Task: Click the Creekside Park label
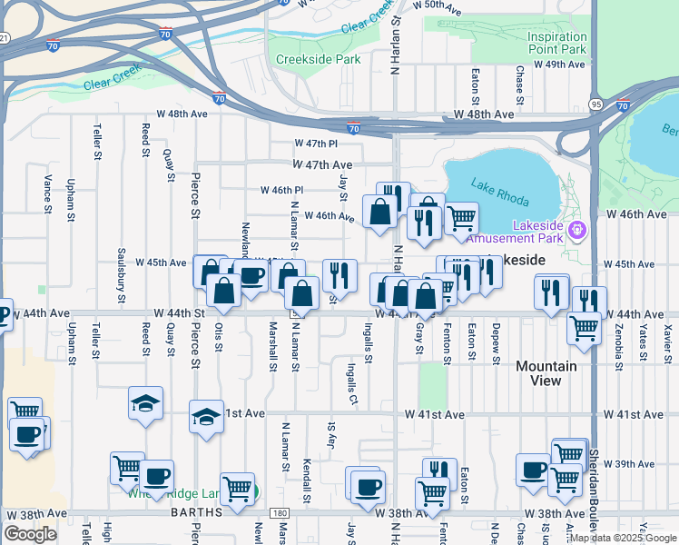(x=318, y=59)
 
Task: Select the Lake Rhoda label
(x=496, y=190)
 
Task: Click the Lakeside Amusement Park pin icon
(x=577, y=231)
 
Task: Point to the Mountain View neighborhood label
(x=546, y=373)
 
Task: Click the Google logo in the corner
(x=30, y=534)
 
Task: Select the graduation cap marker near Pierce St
(x=207, y=417)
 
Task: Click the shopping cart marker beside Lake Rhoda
(x=461, y=217)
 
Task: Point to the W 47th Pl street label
(x=316, y=144)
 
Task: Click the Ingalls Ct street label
(x=351, y=382)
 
